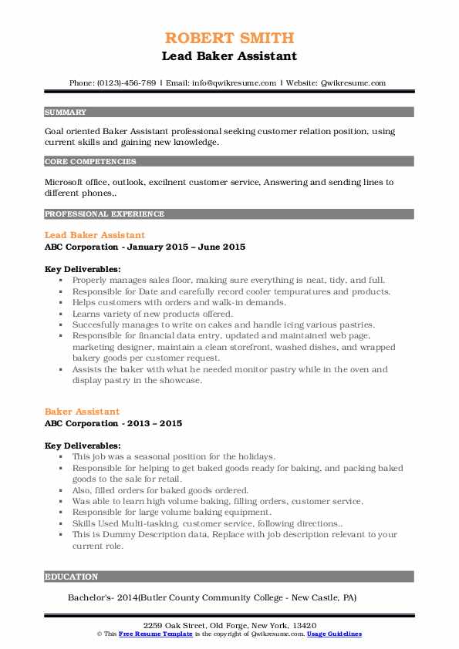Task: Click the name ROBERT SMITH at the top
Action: pyautogui.click(x=229, y=39)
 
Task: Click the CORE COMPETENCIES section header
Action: pyautogui.click(x=90, y=162)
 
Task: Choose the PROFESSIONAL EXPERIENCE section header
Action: pyautogui.click(x=104, y=214)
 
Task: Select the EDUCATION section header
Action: pyautogui.click(x=71, y=577)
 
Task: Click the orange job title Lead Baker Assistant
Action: pyautogui.click(x=94, y=234)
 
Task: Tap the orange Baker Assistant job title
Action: pyautogui.click(x=82, y=412)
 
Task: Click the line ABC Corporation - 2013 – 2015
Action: pyautogui.click(x=113, y=424)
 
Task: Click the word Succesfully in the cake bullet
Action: pyautogui.click(x=100, y=325)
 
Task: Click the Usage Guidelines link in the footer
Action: pyautogui.click(x=334, y=634)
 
